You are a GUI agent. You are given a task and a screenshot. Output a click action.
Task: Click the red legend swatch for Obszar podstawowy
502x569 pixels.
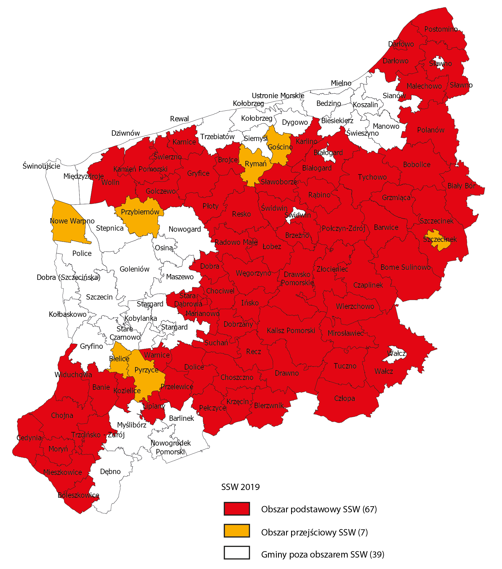click(x=237, y=509)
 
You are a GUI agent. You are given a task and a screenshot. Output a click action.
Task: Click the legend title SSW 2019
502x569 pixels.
click(x=240, y=487)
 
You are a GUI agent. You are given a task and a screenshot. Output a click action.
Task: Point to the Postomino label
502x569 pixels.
click(x=441, y=29)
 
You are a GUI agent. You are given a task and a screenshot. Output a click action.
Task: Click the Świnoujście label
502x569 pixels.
click(x=41, y=166)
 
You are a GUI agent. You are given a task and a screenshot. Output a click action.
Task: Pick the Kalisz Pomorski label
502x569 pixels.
click(x=291, y=330)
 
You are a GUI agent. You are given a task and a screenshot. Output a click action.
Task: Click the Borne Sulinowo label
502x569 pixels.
click(x=405, y=267)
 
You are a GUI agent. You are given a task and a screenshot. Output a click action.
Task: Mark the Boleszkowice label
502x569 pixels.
click(x=78, y=495)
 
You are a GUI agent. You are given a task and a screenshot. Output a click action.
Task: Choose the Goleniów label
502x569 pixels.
click(x=135, y=269)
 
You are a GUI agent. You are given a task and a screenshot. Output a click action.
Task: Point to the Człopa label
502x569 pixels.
click(x=344, y=398)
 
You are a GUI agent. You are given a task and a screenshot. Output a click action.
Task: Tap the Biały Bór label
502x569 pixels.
click(x=461, y=186)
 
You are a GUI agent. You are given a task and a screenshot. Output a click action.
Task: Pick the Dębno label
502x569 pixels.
click(x=110, y=471)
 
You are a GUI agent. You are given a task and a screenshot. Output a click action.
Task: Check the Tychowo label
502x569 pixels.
click(x=372, y=177)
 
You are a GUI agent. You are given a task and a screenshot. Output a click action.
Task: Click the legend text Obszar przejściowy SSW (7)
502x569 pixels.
click(x=314, y=532)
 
